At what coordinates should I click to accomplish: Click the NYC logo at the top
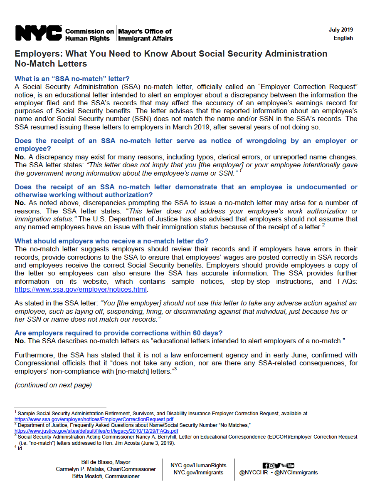[x=38, y=33]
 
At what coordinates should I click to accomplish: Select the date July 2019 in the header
[x=340, y=30]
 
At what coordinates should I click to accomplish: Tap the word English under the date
[x=343, y=38]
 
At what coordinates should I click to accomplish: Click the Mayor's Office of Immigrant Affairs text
[x=145, y=35]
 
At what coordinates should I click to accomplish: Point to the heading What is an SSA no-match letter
[x=72, y=79]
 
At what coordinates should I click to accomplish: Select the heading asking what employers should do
[x=111, y=241]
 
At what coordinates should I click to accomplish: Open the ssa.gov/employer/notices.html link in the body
[x=81, y=289]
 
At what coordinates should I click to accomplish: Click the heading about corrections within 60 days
[x=118, y=333]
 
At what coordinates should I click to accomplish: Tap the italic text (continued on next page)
[x=53, y=385]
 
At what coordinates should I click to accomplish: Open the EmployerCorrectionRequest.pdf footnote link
[x=94, y=419]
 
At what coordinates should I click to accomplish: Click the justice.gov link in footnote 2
[x=96, y=431]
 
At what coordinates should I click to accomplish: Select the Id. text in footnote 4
[x=20, y=449]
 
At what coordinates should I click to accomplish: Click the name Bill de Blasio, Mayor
[x=106, y=462]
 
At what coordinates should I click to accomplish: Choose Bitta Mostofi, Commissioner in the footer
[x=106, y=476]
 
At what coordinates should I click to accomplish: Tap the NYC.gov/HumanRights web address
[x=198, y=465]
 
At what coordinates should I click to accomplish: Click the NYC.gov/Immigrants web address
[x=198, y=472]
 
